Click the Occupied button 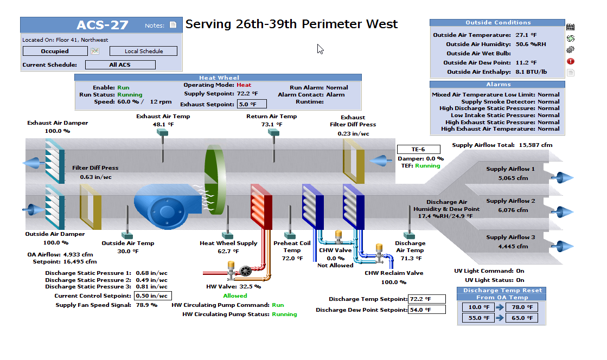point(55,52)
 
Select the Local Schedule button point(143,52)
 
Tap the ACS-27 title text point(103,25)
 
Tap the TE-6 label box point(418,150)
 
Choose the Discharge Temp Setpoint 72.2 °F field point(426,299)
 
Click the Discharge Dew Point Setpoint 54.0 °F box point(426,310)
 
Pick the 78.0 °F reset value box point(521,307)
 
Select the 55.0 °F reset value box point(479,318)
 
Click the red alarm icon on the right point(570,61)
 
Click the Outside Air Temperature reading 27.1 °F point(526,35)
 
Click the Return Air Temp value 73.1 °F point(272,124)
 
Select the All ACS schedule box point(120,65)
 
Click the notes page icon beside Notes point(173,25)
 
